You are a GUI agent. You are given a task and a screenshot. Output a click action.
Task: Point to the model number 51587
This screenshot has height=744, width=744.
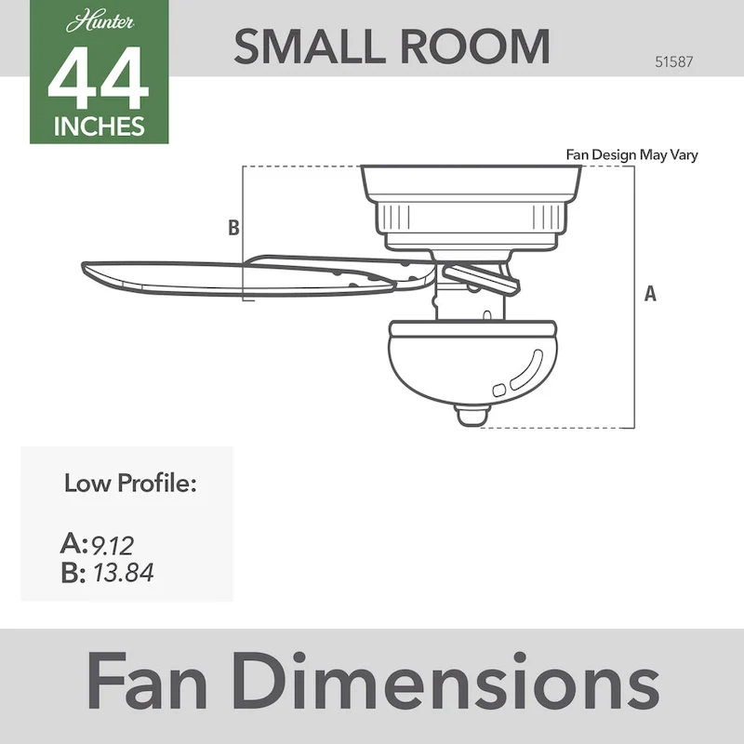pyautogui.click(x=675, y=63)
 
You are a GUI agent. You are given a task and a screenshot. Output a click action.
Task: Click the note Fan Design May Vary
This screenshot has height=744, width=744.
pyautogui.click(x=631, y=155)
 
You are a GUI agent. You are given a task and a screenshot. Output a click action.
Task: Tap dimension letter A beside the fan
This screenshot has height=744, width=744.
pyautogui.click(x=650, y=294)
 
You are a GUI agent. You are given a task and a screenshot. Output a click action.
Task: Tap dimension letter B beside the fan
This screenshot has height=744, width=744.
pyautogui.click(x=233, y=227)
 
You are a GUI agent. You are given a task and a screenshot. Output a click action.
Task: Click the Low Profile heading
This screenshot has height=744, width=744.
pyautogui.click(x=130, y=484)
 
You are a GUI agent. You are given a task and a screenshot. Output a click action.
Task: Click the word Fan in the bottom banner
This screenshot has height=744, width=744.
pyautogui.click(x=153, y=684)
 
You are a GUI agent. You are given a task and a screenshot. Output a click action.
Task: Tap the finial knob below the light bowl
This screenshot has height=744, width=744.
pyautogui.click(x=473, y=415)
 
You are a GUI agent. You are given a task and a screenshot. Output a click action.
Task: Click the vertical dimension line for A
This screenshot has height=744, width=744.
pyautogui.click(x=633, y=298)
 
